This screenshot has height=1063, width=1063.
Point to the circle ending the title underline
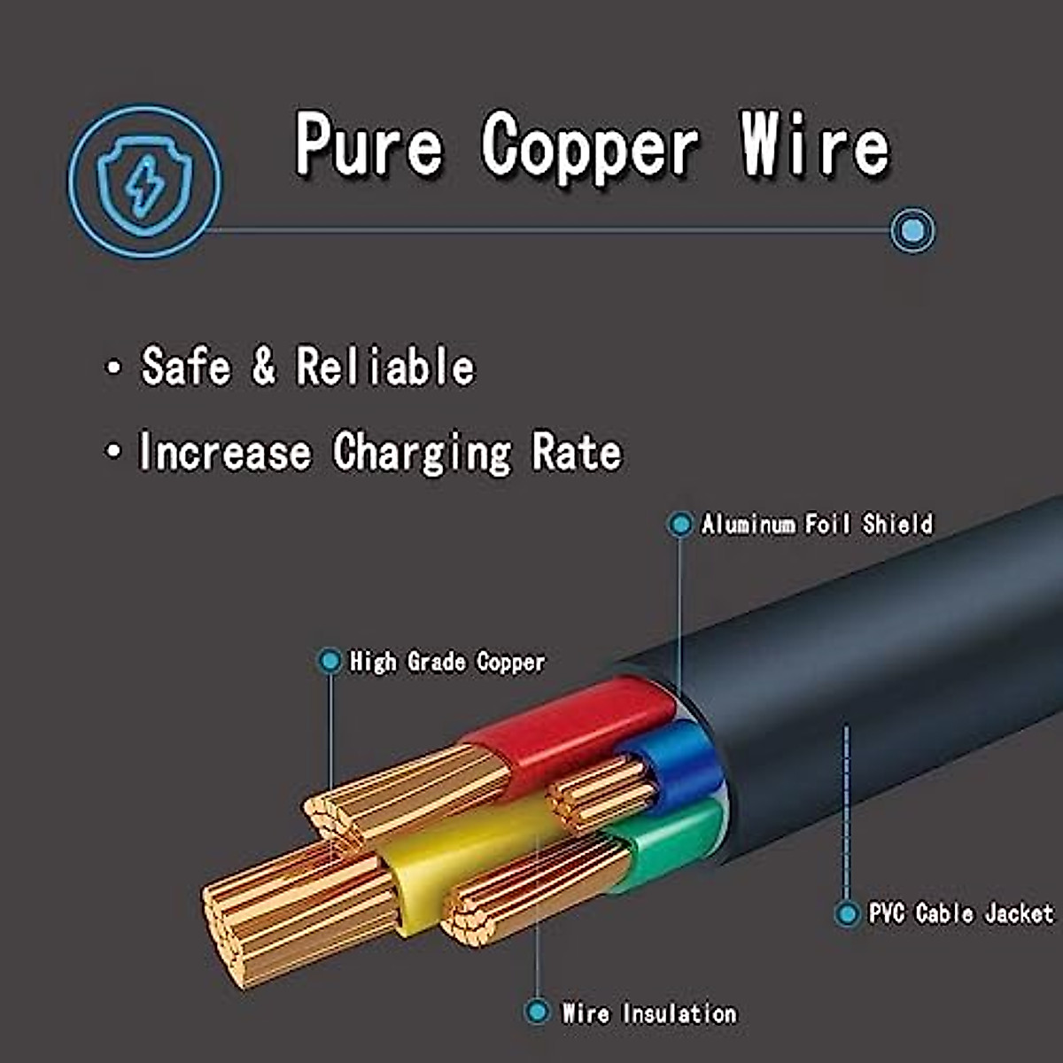912,231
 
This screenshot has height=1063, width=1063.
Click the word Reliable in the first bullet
385,366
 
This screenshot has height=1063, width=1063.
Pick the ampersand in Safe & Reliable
263,366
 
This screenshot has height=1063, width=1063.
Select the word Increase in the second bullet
225,452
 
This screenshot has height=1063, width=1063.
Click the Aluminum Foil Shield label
817,524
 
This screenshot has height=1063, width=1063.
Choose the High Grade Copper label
447,662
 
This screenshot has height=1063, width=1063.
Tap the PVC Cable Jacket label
961,913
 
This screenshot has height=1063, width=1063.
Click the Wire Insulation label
649,1013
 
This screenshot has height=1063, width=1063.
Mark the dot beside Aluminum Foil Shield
679,524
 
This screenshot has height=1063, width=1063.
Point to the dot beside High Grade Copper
330,661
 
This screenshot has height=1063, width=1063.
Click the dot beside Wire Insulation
537,1011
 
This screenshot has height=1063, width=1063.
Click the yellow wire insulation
461,859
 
